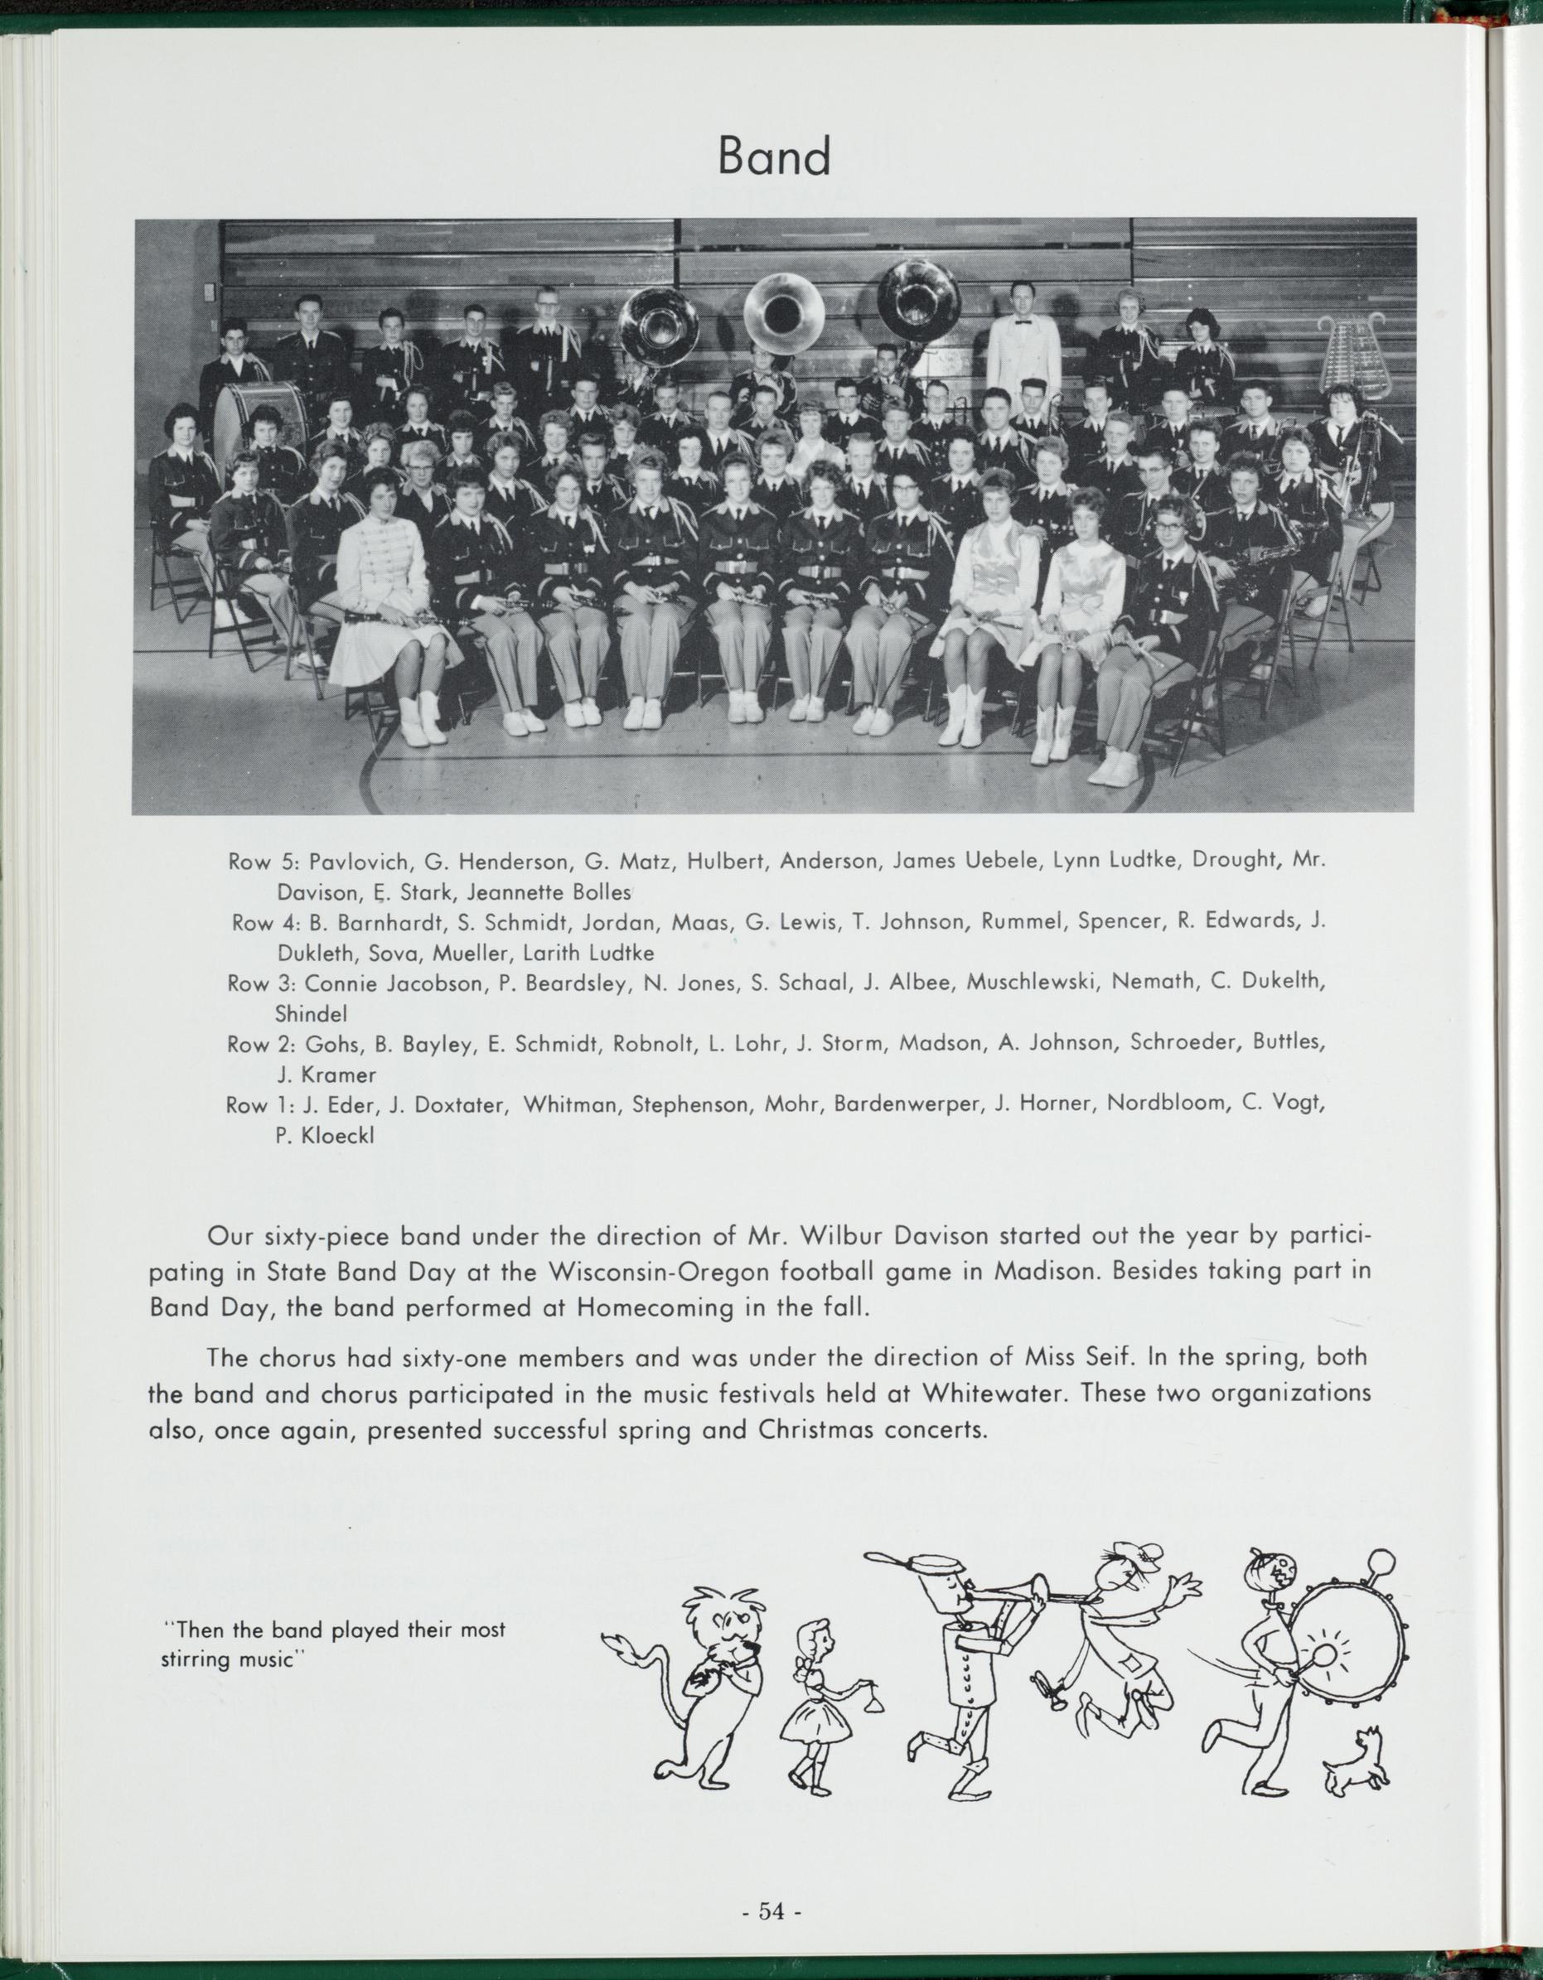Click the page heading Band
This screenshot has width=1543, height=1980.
click(x=773, y=157)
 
